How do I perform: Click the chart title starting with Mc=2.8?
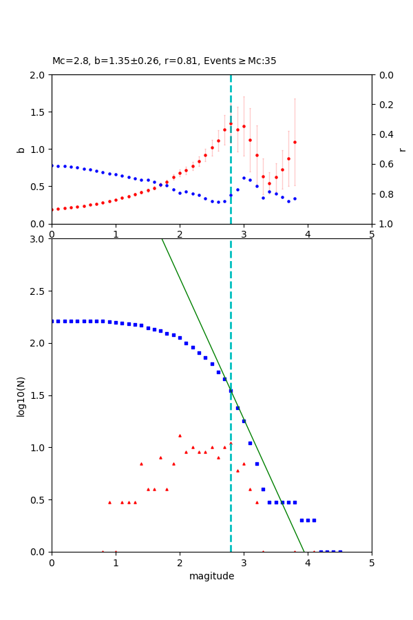(x=164, y=61)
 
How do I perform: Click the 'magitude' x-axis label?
(x=211, y=576)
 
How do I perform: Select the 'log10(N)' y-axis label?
(x=21, y=395)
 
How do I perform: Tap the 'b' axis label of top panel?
(x=21, y=149)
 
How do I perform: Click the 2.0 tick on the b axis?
(x=39, y=74)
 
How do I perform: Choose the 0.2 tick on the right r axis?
(x=383, y=105)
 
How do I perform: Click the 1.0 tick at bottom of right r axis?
(x=383, y=224)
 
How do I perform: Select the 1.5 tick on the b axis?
(x=39, y=112)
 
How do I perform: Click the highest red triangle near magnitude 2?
(x=180, y=435)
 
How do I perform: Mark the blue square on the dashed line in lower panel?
(x=231, y=391)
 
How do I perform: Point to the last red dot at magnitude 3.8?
(x=295, y=142)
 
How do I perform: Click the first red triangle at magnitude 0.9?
(x=109, y=502)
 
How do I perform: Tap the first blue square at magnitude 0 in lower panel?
(x=52, y=321)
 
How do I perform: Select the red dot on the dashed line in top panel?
(x=231, y=124)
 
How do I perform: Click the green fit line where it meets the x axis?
(x=304, y=551)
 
